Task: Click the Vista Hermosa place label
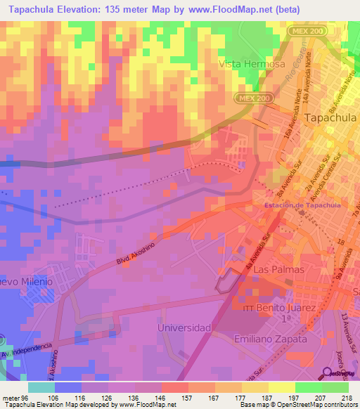(252, 63)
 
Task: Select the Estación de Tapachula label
(302, 204)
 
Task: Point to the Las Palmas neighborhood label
(279, 269)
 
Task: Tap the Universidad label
(184, 327)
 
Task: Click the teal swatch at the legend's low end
(41, 387)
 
